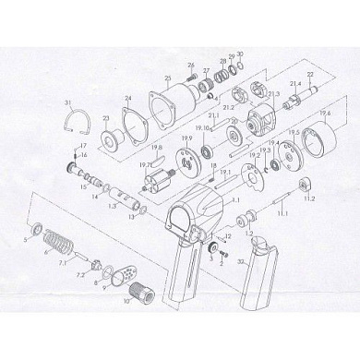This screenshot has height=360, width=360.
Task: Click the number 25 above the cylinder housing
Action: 167,78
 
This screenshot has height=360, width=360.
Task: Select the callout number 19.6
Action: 324,113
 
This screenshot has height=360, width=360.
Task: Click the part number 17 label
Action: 83,146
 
